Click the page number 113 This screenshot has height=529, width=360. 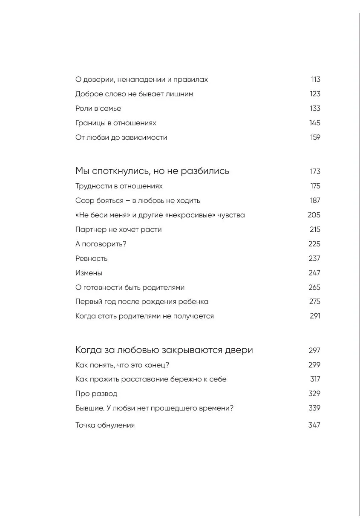coord(315,80)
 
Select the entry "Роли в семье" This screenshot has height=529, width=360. coord(98,109)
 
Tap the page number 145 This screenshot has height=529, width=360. coord(315,123)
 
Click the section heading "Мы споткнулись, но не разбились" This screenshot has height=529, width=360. coord(152,171)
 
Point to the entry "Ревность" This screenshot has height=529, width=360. coord(91,259)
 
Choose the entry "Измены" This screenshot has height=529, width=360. coord(89,273)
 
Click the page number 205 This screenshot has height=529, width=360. coord(314,215)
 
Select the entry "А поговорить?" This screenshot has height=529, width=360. coord(101,244)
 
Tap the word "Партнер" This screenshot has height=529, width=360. coord(91,230)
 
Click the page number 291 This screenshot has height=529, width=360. coord(315,316)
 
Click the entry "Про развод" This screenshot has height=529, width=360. coord(96,394)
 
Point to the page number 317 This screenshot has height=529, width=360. coord(315,379)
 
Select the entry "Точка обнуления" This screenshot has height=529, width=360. coord(105,425)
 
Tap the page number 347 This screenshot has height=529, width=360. coord(314,425)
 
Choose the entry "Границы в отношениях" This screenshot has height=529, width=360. coord(115,123)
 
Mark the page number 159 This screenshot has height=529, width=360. coord(315,138)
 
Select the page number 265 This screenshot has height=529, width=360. coord(314,288)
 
